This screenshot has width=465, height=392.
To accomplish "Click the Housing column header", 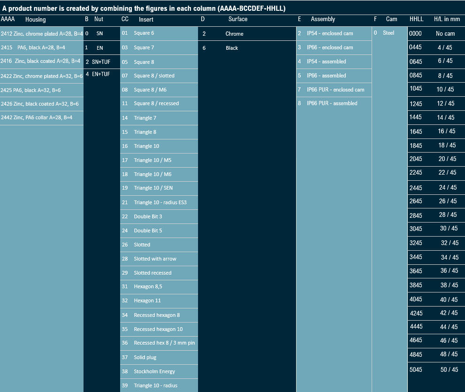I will (35, 19).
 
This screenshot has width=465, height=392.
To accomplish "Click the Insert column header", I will (145, 19).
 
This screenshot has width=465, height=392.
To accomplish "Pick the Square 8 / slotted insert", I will (153, 76).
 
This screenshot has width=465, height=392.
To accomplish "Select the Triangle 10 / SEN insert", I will (153, 188).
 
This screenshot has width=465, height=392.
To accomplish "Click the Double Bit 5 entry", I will (148, 231).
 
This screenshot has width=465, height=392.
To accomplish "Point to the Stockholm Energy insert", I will (154, 371).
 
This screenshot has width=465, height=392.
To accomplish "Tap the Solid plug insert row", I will (145, 357).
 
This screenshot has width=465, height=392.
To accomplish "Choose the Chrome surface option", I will (234, 34).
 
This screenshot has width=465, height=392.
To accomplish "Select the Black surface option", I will (232, 48).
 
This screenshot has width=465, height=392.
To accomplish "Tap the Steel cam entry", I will (389, 33).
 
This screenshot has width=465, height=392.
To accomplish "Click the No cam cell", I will (445, 33).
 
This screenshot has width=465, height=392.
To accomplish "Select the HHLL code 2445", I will (416, 188).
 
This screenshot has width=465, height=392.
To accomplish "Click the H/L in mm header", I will (447, 19).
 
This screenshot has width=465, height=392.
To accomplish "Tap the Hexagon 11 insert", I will (147, 300).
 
